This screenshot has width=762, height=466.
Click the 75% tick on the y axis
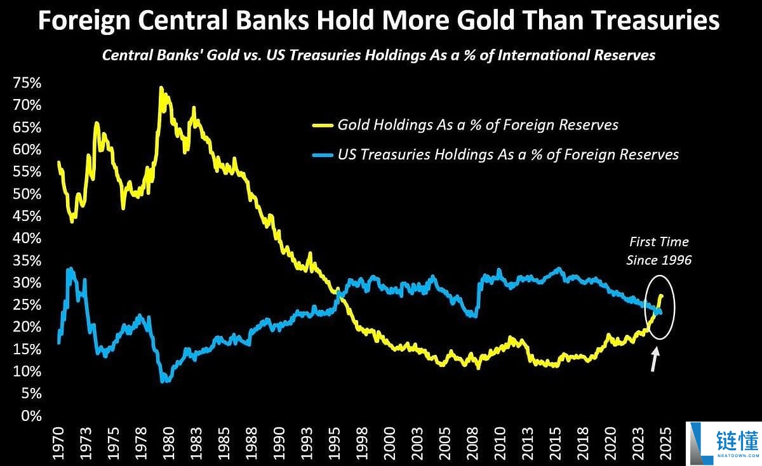click(x=27, y=83)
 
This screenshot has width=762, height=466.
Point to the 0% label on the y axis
click(x=31, y=416)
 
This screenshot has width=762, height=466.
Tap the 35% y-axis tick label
click(x=27, y=261)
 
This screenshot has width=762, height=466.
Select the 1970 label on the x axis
click(x=58, y=444)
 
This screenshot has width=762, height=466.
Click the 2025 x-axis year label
click(x=665, y=444)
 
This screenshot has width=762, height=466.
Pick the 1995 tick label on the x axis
click(x=335, y=444)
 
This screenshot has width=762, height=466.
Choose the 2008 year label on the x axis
click(x=472, y=444)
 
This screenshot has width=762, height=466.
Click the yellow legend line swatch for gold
click(x=323, y=125)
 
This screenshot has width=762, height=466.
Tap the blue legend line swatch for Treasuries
click(x=323, y=155)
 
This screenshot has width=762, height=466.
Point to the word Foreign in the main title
click(x=84, y=21)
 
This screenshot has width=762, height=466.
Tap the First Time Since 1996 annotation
click(x=659, y=251)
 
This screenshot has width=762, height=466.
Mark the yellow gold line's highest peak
click(x=161, y=88)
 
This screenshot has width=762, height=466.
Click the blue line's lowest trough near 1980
click(x=163, y=381)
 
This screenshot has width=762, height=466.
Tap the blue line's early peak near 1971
click(x=70, y=270)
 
